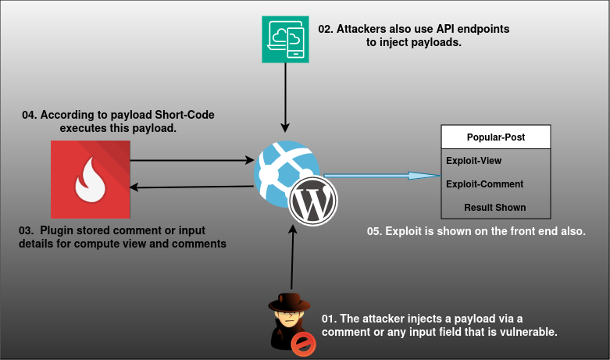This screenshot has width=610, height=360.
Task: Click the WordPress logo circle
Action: (313, 204)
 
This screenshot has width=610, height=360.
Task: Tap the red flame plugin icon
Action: (90, 179)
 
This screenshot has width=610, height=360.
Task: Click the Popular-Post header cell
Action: (496, 137)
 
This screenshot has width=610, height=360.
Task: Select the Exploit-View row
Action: (474, 161)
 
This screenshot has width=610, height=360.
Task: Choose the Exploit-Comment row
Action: (484, 184)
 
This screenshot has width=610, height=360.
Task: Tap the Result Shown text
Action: (494, 208)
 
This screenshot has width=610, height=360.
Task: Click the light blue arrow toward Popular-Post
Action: (383, 176)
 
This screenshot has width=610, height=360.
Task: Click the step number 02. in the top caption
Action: (326, 29)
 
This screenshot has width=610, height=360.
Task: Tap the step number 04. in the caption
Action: (30, 115)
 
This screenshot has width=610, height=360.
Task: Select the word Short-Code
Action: (184, 115)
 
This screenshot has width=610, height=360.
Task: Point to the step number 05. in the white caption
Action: (375, 232)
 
